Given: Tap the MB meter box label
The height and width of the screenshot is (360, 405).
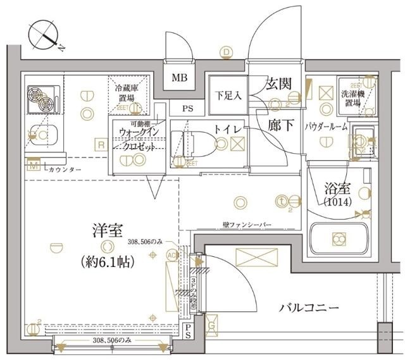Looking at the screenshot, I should (180, 78).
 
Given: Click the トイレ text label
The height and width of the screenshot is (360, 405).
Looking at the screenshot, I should (226, 128).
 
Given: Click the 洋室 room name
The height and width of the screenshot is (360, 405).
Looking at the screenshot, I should (105, 231).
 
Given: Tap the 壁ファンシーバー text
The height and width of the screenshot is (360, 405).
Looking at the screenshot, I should (247, 224).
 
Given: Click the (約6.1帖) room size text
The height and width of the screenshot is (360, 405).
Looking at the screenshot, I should (108, 261).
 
